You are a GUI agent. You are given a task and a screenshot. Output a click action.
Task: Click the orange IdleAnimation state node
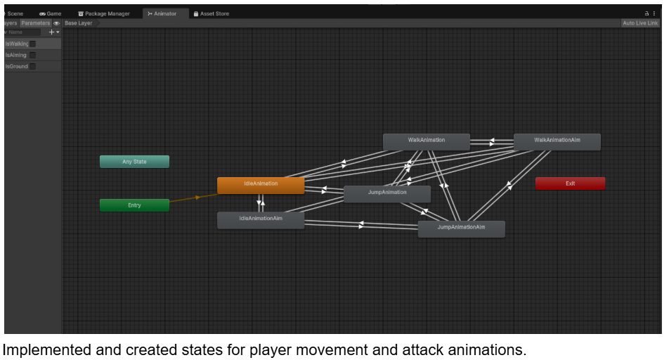[261, 186]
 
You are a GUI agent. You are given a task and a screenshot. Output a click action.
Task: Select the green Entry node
[134, 205]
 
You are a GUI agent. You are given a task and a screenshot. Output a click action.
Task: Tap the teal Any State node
[134, 162]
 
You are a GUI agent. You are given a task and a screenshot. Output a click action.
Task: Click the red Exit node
[570, 184]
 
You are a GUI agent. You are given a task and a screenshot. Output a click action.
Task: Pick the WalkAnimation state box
[427, 142]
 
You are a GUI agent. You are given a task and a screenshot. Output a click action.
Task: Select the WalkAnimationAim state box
[557, 142]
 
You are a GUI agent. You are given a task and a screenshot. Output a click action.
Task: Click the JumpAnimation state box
[387, 194]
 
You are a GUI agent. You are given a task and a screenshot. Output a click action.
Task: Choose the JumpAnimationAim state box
[461, 229]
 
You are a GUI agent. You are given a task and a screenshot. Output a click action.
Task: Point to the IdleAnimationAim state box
[261, 220]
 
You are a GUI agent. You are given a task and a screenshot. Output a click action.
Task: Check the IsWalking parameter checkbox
[33, 44]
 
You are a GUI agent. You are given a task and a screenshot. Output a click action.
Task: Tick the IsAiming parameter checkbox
[33, 55]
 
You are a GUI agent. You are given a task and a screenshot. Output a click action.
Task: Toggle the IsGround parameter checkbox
[33, 66]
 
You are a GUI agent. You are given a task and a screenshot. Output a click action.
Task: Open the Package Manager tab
[104, 13]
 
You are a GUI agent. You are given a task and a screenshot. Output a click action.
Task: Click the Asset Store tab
[212, 13]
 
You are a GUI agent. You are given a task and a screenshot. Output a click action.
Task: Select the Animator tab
[162, 13]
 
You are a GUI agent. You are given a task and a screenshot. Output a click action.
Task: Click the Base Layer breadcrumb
[79, 23]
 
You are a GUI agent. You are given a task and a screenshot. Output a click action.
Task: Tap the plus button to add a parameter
[51, 32]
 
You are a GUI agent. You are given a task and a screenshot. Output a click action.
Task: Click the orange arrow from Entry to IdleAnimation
[193, 198]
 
